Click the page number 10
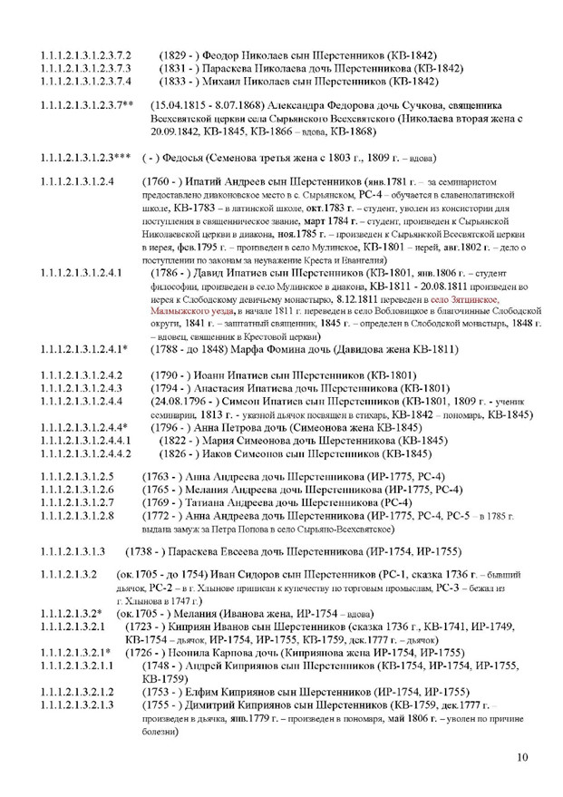(x=521, y=759)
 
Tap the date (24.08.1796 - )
(x=181, y=399)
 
